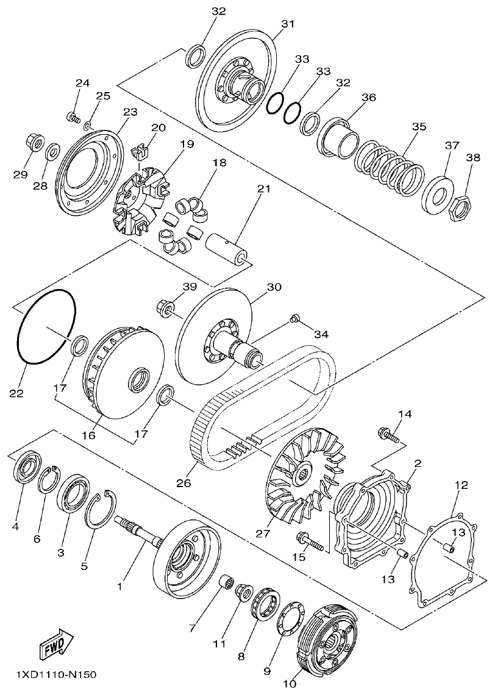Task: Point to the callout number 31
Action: (x=287, y=24)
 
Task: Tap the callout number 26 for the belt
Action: (x=183, y=483)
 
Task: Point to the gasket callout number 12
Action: (x=461, y=485)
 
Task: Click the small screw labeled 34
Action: (x=295, y=318)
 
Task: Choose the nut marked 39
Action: (x=165, y=305)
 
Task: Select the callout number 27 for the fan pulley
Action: (x=263, y=533)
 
